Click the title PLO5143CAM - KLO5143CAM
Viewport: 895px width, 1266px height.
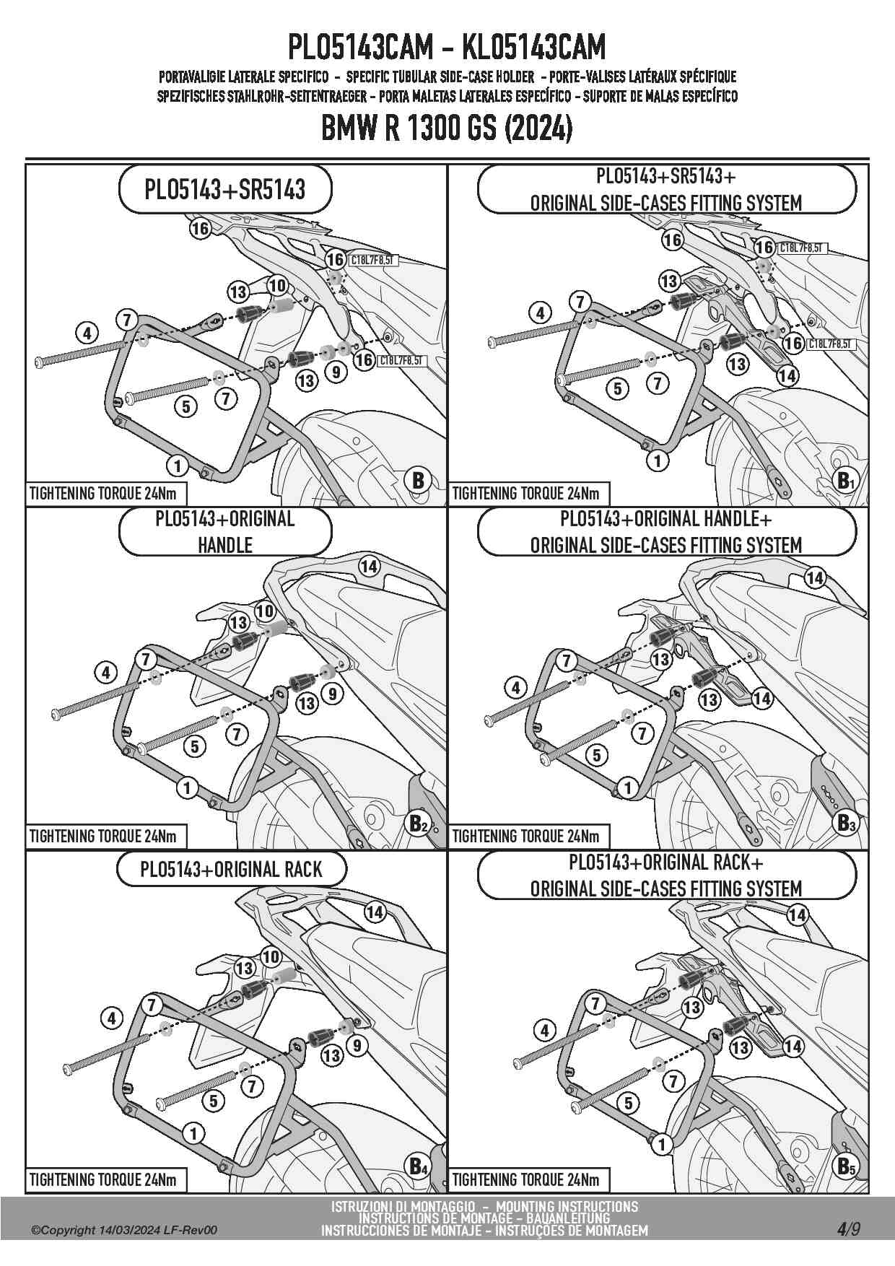click(447, 48)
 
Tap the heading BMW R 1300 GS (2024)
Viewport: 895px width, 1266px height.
click(447, 130)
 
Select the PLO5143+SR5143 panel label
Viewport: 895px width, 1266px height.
click(224, 190)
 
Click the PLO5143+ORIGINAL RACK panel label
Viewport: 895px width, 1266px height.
click(231, 870)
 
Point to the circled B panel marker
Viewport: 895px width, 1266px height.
click(418, 480)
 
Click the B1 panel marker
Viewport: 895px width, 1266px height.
click(844, 480)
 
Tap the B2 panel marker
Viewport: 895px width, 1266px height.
click(419, 823)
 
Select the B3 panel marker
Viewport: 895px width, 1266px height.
click(844, 823)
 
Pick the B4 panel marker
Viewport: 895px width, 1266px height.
click(419, 1166)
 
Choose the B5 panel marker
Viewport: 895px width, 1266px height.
click(844, 1166)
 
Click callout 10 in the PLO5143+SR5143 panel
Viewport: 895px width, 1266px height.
click(277, 286)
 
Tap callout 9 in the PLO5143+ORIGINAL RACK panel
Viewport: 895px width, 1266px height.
click(356, 1044)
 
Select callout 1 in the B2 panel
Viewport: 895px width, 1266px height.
click(187, 787)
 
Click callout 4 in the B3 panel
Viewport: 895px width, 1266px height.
click(515, 688)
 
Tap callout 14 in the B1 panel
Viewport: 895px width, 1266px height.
click(787, 375)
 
